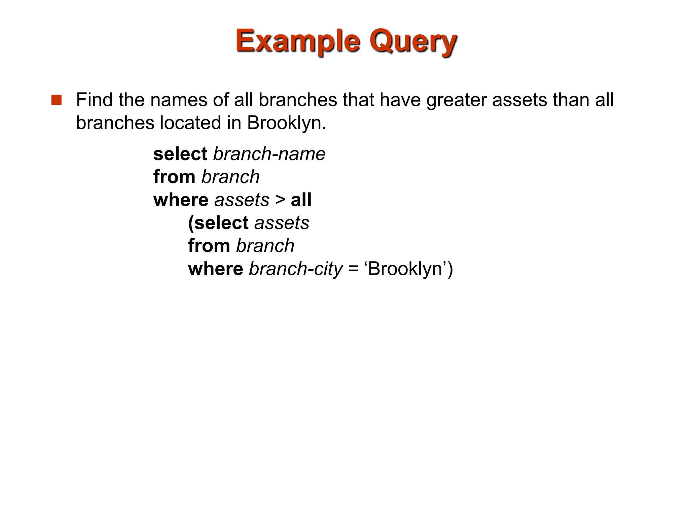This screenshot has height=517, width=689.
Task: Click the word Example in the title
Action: pyautogui.click(x=297, y=41)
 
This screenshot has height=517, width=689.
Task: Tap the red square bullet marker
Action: pyautogui.click(x=57, y=100)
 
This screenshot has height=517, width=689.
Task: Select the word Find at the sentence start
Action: pyautogui.click(x=94, y=100)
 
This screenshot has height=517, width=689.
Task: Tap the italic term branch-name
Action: pyautogui.click(x=269, y=154)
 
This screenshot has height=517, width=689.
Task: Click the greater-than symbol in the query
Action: pyautogui.click(x=280, y=200)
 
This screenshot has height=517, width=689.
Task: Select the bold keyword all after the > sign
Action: pyautogui.click(x=301, y=200)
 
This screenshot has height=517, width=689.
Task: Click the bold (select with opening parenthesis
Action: pyautogui.click(x=218, y=223)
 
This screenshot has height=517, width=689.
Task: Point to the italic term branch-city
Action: pyautogui.click(x=295, y=269)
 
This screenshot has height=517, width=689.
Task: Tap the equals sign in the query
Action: pyautogui.click(x=354, y=269)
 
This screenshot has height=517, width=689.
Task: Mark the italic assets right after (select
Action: pyautogui.click(x=282, y=223)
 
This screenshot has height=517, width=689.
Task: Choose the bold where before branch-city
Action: pyautogui.click(x=215, y=269)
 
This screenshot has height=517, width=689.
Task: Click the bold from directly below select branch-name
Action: pyautogui.click(x=174, y=177)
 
